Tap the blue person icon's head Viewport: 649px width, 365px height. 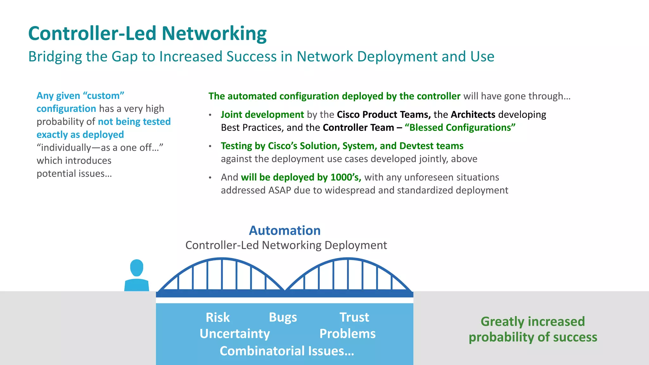point(137,268)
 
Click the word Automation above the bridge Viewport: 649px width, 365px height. point(285,230)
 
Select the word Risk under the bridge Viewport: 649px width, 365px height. point(217,317)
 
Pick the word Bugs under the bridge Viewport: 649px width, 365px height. point(283,317)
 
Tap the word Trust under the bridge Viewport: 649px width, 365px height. point(354,317)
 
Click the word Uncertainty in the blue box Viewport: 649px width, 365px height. point(235,334)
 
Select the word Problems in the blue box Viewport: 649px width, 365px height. point(347,334)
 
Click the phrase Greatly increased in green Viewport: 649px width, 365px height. point(532,322)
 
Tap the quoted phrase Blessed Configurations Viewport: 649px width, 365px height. point(460,127)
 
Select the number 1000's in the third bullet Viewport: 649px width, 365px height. point(345,177)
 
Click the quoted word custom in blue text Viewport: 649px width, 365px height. point(103,96)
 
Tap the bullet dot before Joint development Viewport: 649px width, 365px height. point(210,115)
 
